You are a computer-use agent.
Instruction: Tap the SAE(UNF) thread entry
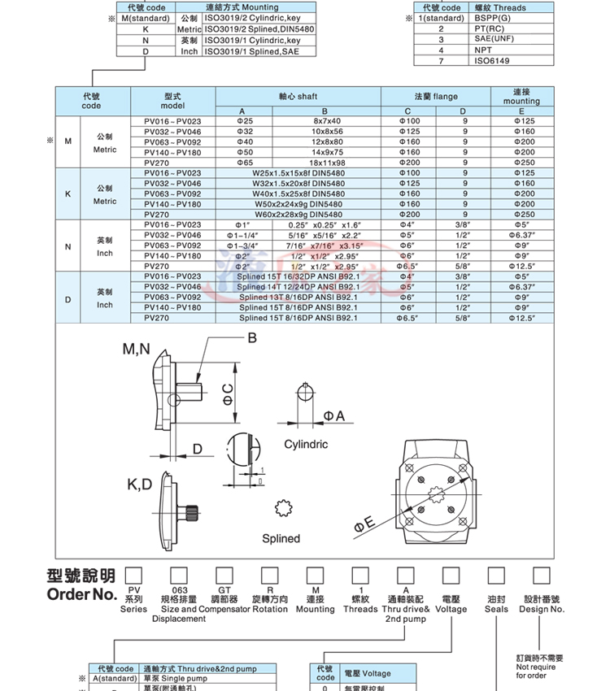(x=493, y=38)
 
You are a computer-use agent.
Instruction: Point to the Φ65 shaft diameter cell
(x=244, y=163)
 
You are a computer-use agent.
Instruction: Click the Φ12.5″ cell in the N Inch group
(x=521, y=266)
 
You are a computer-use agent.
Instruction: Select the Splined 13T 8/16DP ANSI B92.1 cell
(x=299, y=298)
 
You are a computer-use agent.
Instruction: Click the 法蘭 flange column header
(x=436, y=96)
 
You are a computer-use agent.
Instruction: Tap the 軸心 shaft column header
(x=298, y=96)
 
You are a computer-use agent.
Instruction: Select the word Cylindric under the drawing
(x=306, y=445)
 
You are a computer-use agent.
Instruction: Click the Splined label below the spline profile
(x=281, y=538)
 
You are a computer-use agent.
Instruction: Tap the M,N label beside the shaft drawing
(x=136, y=350)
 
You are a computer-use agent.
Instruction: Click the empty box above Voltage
(x=451, y=576)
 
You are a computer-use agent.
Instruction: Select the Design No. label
(x=542, y=609)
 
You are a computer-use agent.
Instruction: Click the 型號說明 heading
(x=81, y=576)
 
